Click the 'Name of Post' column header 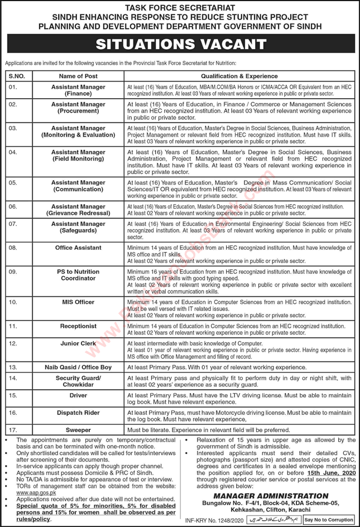[x=78, y=76]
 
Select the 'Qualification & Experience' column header [x=239, y=76]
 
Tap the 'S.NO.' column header [x=16, y=76]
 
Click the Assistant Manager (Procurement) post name [x=78, y=108]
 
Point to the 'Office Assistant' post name [x=78, y=248]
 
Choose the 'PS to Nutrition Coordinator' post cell [x=78, y=275]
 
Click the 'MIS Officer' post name [x=78, y=302]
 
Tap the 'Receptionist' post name [x=78, y=325]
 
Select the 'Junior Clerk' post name [x=78, y=344]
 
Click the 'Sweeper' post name [x=78, y=431]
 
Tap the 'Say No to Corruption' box [x=328, y=520]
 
